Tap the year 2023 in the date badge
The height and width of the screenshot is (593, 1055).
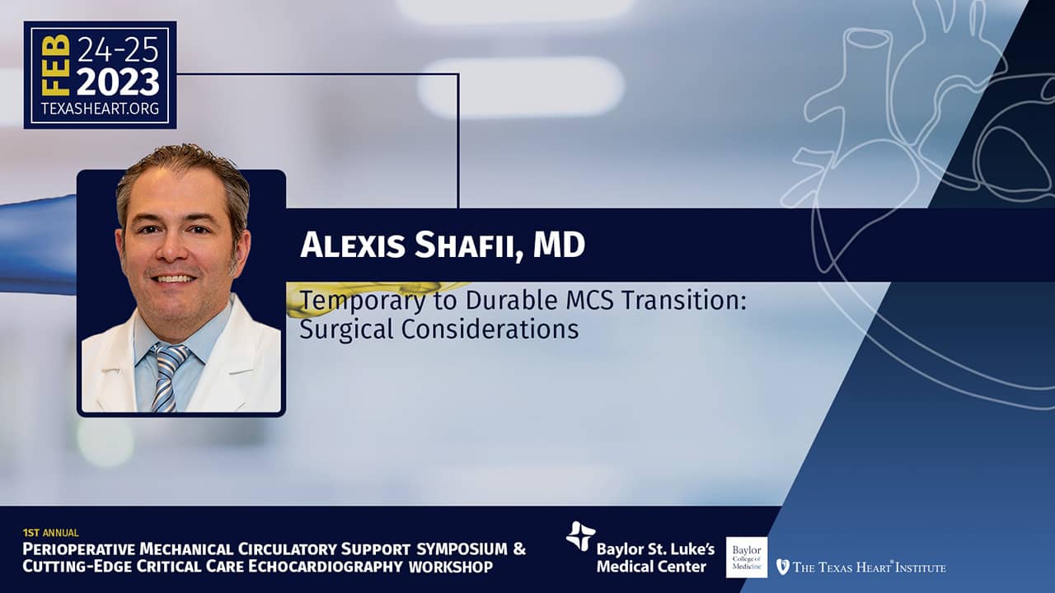(x=118, y=82)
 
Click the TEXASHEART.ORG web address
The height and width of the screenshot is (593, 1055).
(x=100, y=109)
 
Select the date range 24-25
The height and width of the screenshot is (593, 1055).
(x=117, y=51)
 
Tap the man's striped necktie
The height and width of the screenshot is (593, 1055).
(x=166, y=375)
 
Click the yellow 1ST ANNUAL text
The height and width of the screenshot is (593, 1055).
(x=51, y=533)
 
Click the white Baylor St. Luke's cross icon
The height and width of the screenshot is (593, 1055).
(x=580, y=536)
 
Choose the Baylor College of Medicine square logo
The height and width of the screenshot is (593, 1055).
(x=747, y=557)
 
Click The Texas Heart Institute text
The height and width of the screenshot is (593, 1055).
(x=870, y=567)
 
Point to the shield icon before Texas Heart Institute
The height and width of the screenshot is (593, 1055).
(x=782, y=567)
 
